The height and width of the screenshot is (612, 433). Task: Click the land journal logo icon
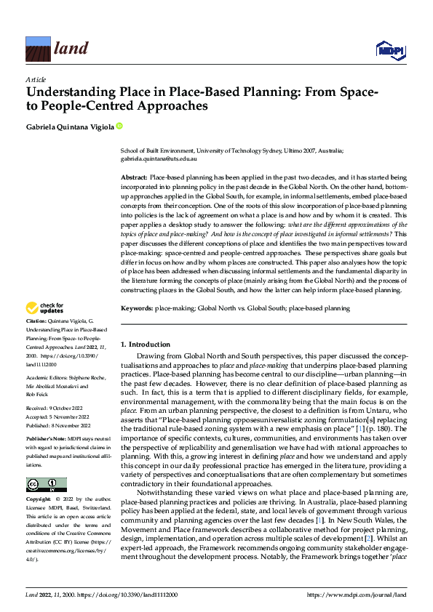(x=38, y=49)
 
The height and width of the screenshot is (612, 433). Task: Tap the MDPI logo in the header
(x=389, y=49)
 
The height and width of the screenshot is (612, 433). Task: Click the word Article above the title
(x=36, y=79)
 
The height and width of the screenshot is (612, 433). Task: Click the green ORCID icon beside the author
(x=119, y=126)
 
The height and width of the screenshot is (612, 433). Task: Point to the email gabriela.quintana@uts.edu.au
(x=160, y=157)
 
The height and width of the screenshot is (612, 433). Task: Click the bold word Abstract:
(x=134, y=177)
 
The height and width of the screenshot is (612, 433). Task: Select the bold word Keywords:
(x=136, y=308)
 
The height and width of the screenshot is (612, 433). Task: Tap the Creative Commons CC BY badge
(x=46, y=484)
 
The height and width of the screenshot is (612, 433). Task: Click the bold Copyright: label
(x=40, y=500)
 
